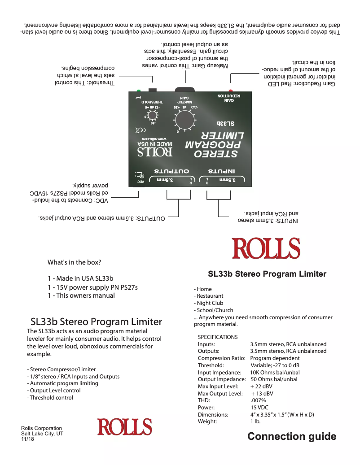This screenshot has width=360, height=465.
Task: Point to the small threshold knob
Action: click(x=153, y=116)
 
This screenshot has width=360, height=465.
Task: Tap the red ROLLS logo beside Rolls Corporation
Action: click(x=125, y=426)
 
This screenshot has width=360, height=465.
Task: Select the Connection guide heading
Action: click(x=292, y=436)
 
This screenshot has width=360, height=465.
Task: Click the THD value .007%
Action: click(x=258, y=400)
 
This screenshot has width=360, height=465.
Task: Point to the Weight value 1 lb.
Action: click(x=255, y=421)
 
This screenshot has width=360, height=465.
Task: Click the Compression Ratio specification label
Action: click(x=221, y=358)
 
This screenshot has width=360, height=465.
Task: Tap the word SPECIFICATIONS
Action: click(x=218, y=337)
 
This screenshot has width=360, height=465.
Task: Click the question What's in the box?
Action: click(x=74, y=262)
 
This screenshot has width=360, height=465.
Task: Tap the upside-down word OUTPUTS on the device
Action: click(x=173, y=171)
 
